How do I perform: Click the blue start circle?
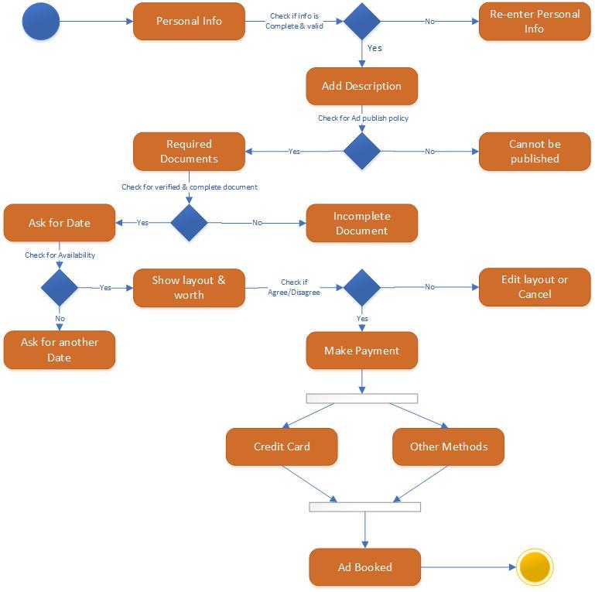(41, 21)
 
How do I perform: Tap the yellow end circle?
(535, 567)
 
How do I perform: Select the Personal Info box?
(189, 21)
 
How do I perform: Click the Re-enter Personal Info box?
(535, 21)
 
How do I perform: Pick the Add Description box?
(361, 86)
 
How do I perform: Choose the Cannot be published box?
(535, 151)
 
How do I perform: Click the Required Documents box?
(189, 151)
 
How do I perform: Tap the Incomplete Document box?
(361, 223)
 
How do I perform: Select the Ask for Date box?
(60, 223)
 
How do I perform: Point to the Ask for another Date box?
(60, 350)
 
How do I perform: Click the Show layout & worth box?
(189, 287)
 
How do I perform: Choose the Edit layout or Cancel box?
(535, 287)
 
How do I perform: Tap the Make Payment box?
(361, 351)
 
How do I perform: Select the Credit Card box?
(282, 447)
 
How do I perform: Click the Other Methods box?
(449, 447)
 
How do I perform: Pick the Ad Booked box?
(364, 567)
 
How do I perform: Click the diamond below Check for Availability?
(60, 287)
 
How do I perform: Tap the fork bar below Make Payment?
(361, 399)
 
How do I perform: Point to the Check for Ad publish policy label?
(363, 118)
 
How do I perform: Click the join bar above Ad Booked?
(364, 507)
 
